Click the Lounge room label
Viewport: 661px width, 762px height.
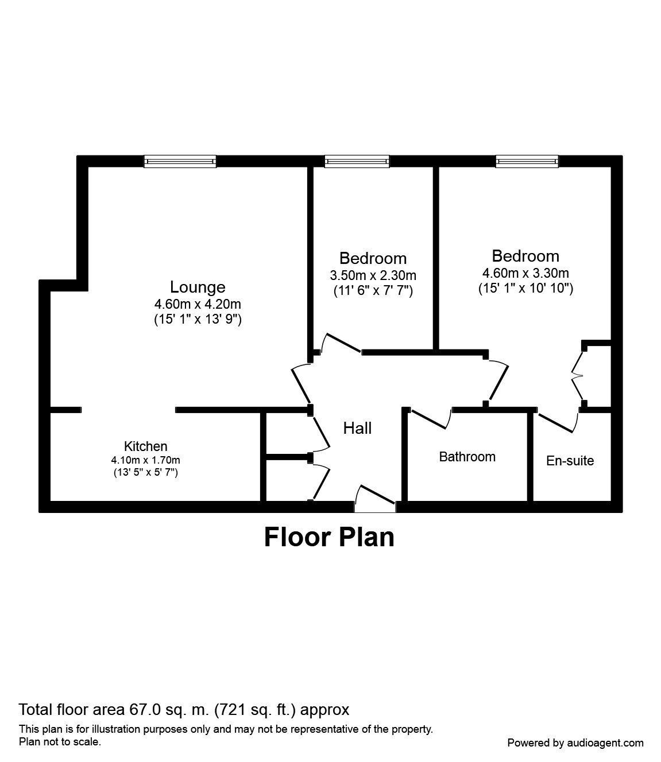198,287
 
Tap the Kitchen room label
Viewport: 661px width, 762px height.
146,446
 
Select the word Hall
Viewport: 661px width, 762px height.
357,428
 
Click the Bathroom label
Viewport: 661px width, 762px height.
467,457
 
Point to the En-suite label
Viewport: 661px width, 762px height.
570,460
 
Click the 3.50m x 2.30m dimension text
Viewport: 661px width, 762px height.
373,275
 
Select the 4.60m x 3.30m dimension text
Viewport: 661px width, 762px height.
525,273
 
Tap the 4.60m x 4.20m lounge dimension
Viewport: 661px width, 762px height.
198,304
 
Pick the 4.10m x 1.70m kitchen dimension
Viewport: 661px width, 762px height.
146,460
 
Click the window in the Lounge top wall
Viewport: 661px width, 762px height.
180,161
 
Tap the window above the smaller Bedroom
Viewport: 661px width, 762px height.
357,161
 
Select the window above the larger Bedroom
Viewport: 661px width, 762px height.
527,161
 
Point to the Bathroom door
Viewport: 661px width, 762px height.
430,418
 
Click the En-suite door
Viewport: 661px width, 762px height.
556,422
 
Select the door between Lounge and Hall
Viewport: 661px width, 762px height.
301,384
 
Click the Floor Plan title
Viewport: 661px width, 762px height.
329,538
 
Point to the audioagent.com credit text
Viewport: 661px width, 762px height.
575,742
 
